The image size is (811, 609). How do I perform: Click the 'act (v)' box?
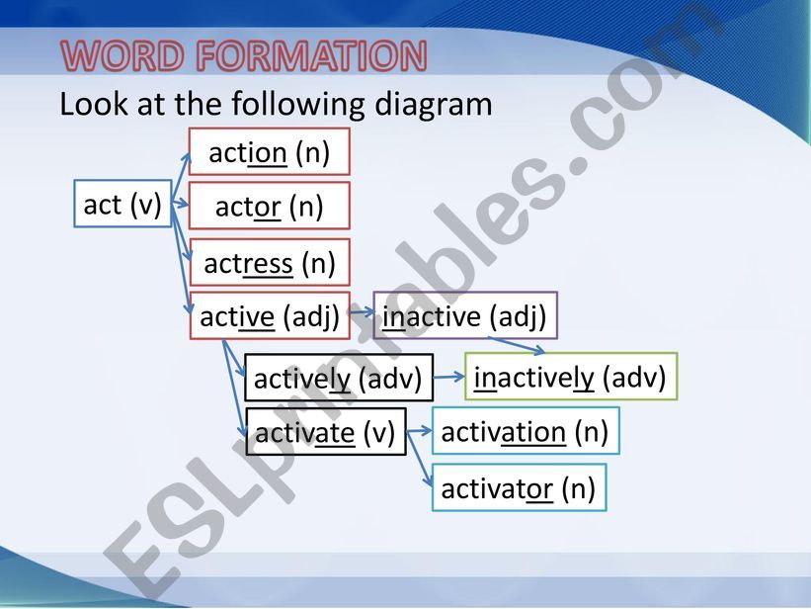coord(122,204)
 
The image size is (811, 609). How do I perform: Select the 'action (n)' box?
coord(269,152)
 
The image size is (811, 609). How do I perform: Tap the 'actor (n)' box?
coord(269,206)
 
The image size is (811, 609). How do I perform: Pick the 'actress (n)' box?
coord(269,263)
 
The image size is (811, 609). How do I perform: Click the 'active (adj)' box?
coord(269,316)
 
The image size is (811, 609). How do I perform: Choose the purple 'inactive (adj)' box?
coord(464,316)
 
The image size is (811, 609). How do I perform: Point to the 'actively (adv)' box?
coord(338,378)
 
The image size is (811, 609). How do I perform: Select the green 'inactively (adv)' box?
coord(570,377)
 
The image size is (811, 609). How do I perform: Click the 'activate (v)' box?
coord(325,432)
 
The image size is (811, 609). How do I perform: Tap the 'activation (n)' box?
coord(525,431)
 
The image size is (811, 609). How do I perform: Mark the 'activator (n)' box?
coord(518,487)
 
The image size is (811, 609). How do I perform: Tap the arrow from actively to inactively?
coord(448,377)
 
